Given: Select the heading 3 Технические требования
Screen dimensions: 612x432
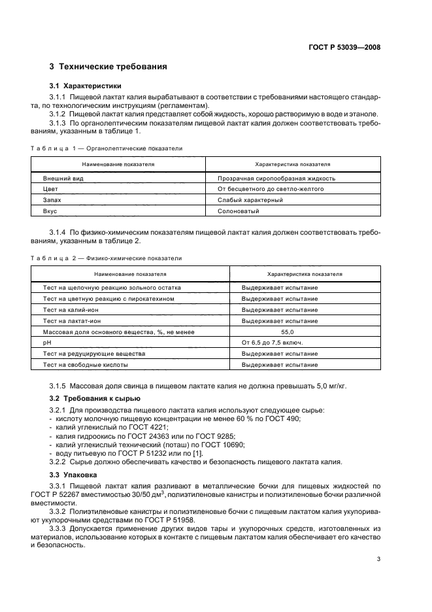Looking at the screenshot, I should (108, 67).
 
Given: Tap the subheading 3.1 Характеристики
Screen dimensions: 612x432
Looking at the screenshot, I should (86, 86).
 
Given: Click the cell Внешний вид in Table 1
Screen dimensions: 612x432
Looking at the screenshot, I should (60, 178).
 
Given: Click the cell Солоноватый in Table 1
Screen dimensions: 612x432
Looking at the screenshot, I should (239, 211).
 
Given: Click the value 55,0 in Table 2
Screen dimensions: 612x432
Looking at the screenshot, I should (305, 331).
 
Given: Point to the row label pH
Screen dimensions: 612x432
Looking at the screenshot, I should (46, 343).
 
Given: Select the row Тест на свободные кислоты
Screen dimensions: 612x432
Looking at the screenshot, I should (85, 365).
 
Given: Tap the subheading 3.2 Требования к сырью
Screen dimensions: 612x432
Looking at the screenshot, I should (95, 398).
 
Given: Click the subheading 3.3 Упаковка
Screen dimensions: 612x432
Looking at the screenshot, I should (74, 475).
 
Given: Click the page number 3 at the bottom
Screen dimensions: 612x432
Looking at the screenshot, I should (379, 559).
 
